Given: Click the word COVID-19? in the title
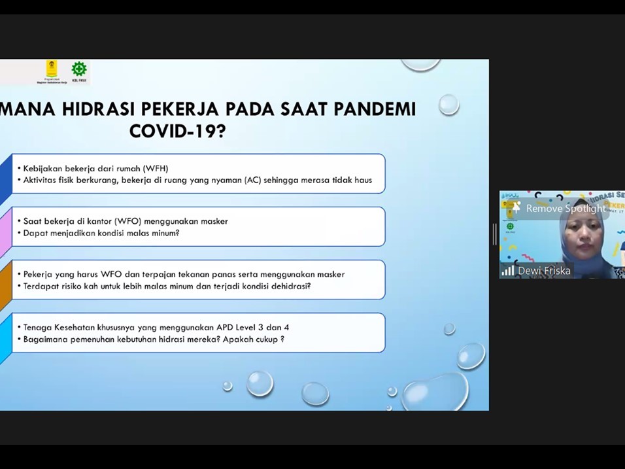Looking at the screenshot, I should pyautogui.click(x=177, y=130).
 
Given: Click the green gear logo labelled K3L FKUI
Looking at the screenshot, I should pyautogui.click(x=79, y=69).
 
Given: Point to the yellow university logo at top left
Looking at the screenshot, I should pyautogui.click(x=50, y=69).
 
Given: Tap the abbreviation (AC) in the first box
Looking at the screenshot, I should pyautogui.click(x=253, y=180).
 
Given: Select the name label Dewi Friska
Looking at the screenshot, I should pyautogui.click(x=544, y=271).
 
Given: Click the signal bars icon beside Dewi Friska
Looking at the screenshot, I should pyautogui.click(x=508, y=271).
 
